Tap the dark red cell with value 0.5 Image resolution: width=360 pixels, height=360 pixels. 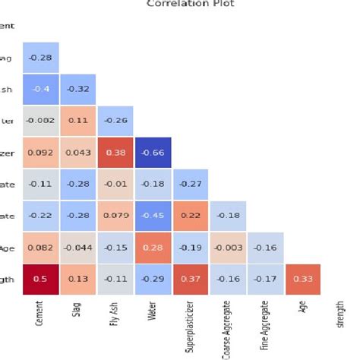coord(40,279)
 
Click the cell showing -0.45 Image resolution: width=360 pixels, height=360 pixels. coord(153,215)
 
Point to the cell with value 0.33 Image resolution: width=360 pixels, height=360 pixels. coord(302,279)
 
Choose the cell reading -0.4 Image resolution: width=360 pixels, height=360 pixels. coord(40,88)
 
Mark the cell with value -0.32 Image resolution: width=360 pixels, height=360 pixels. coord(77,88)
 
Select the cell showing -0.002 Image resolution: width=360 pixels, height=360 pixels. coord(40,120)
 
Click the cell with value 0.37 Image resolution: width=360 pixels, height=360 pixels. coord(190,279)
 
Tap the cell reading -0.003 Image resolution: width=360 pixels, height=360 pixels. coord(227,247)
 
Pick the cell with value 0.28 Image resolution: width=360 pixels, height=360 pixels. coord(153,247)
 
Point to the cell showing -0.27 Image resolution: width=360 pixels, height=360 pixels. coord(190,183)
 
